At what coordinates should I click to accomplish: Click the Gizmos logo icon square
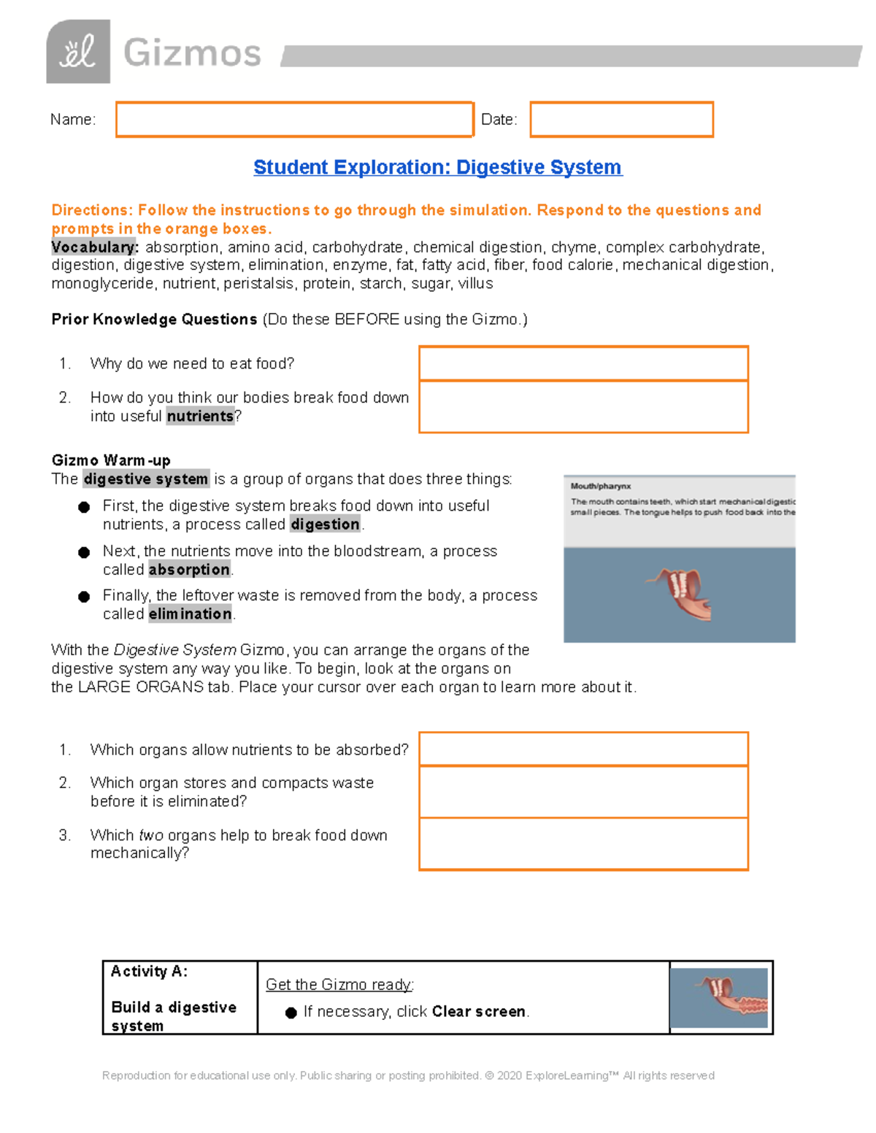78,52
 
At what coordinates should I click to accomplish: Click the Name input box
294,120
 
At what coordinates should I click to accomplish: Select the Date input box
621,120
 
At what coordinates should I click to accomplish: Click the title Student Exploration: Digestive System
437,168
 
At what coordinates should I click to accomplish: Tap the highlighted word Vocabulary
94,247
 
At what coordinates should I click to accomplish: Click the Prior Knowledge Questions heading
154,320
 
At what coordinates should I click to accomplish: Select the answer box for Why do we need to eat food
583,363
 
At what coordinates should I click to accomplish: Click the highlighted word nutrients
200,417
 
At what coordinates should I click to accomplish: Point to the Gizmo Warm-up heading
111,460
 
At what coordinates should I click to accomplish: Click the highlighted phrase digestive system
146,479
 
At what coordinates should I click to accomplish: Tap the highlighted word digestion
325,525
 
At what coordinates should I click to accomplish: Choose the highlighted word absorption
189,570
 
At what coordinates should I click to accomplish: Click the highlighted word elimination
190,614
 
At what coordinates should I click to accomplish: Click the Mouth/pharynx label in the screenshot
601,487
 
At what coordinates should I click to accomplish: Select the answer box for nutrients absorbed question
583,749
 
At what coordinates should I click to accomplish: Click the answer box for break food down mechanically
583,844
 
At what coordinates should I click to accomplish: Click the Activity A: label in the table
149,972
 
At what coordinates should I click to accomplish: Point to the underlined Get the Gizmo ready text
339,985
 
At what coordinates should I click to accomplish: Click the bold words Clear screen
478,1012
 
